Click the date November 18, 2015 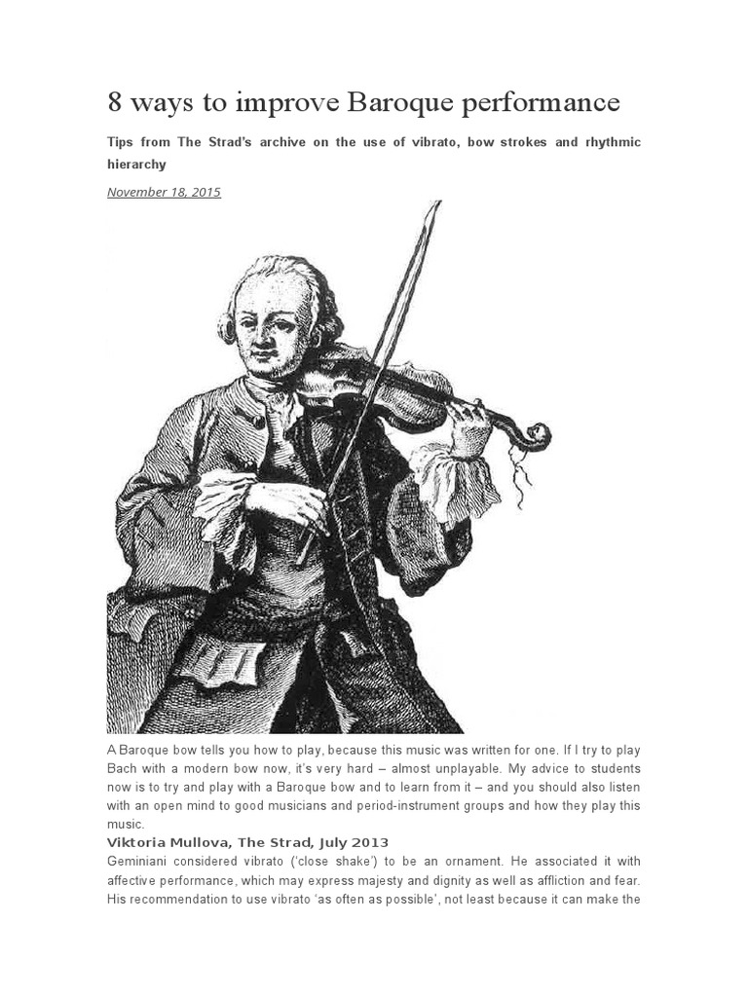point(164,192)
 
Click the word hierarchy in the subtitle point(136,165)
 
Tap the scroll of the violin point(534,435)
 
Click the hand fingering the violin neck point(467,421)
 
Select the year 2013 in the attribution point(371,842)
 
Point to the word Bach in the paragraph point(123,768)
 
